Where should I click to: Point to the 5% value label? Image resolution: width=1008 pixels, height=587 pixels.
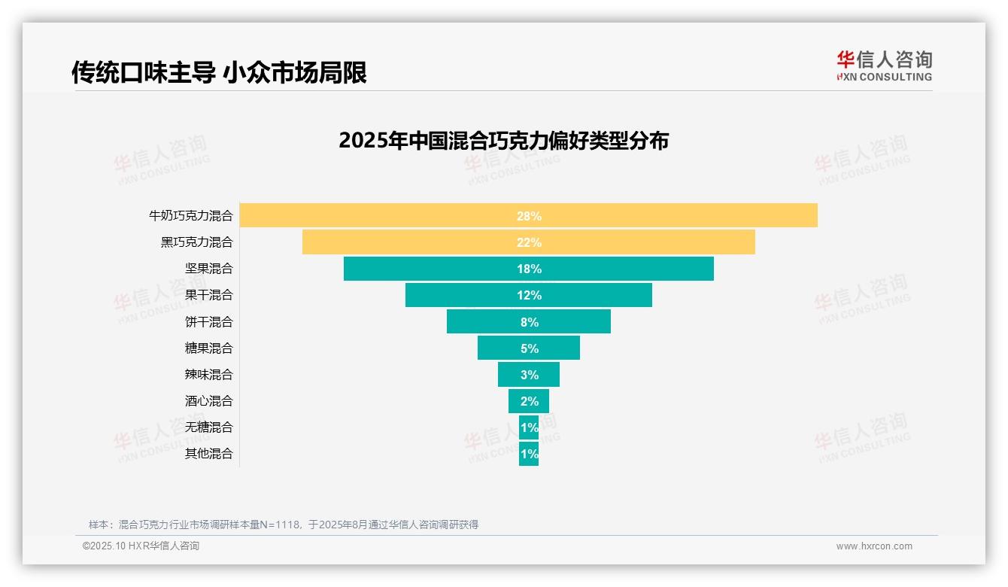(x=529, y=348)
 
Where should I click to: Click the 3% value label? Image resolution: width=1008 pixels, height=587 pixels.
(x=529, y=375)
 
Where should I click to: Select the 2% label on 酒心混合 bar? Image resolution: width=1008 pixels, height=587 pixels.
(x=529, y=401)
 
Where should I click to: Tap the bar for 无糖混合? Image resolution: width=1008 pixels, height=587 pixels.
(x=529, y=427)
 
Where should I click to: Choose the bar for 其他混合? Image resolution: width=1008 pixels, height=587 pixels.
(x=529, y=454)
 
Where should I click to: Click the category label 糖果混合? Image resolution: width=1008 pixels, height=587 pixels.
(x=208, y=348)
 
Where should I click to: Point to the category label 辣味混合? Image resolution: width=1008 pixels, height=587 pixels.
(x=208, y=375)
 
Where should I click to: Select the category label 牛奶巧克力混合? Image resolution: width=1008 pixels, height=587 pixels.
(x=191, y=216)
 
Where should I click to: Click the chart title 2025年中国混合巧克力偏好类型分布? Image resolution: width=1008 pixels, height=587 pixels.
(x=503, y=141)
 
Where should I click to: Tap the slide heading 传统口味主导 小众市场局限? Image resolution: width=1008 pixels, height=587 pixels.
(x=219, y=73)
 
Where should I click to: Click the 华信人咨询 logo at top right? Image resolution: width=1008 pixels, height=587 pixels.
(x=884, y=65)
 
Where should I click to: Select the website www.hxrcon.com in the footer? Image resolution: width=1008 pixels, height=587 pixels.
(x=873, y=546)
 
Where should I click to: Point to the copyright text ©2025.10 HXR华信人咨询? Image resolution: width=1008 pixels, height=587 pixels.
(x=141, y=546)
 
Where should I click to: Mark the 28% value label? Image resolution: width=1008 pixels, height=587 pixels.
(x=529, y=216)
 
